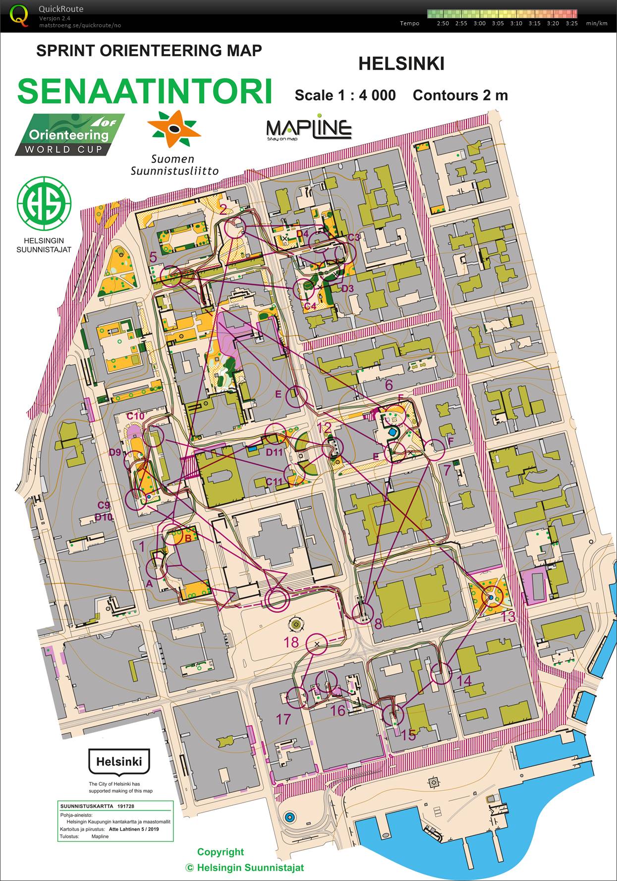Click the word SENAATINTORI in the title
(145, 91)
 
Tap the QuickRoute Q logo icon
(19, 15)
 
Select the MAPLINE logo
(309, 129)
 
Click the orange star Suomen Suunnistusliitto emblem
(174, 129)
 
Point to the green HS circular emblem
(44, 203)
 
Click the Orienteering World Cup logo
(69, 135)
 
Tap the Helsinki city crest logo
(119, 761)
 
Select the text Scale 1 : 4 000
(345, 95)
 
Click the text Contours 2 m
(460, 95)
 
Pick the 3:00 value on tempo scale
(479, 23)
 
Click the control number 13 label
(508, 616)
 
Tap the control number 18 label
(291, 642)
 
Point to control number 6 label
(389, 385)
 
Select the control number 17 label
(283, 719)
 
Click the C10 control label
(135, 416)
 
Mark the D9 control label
(115, 452)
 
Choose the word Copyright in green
(221, 852)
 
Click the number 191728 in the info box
(125, 806)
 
